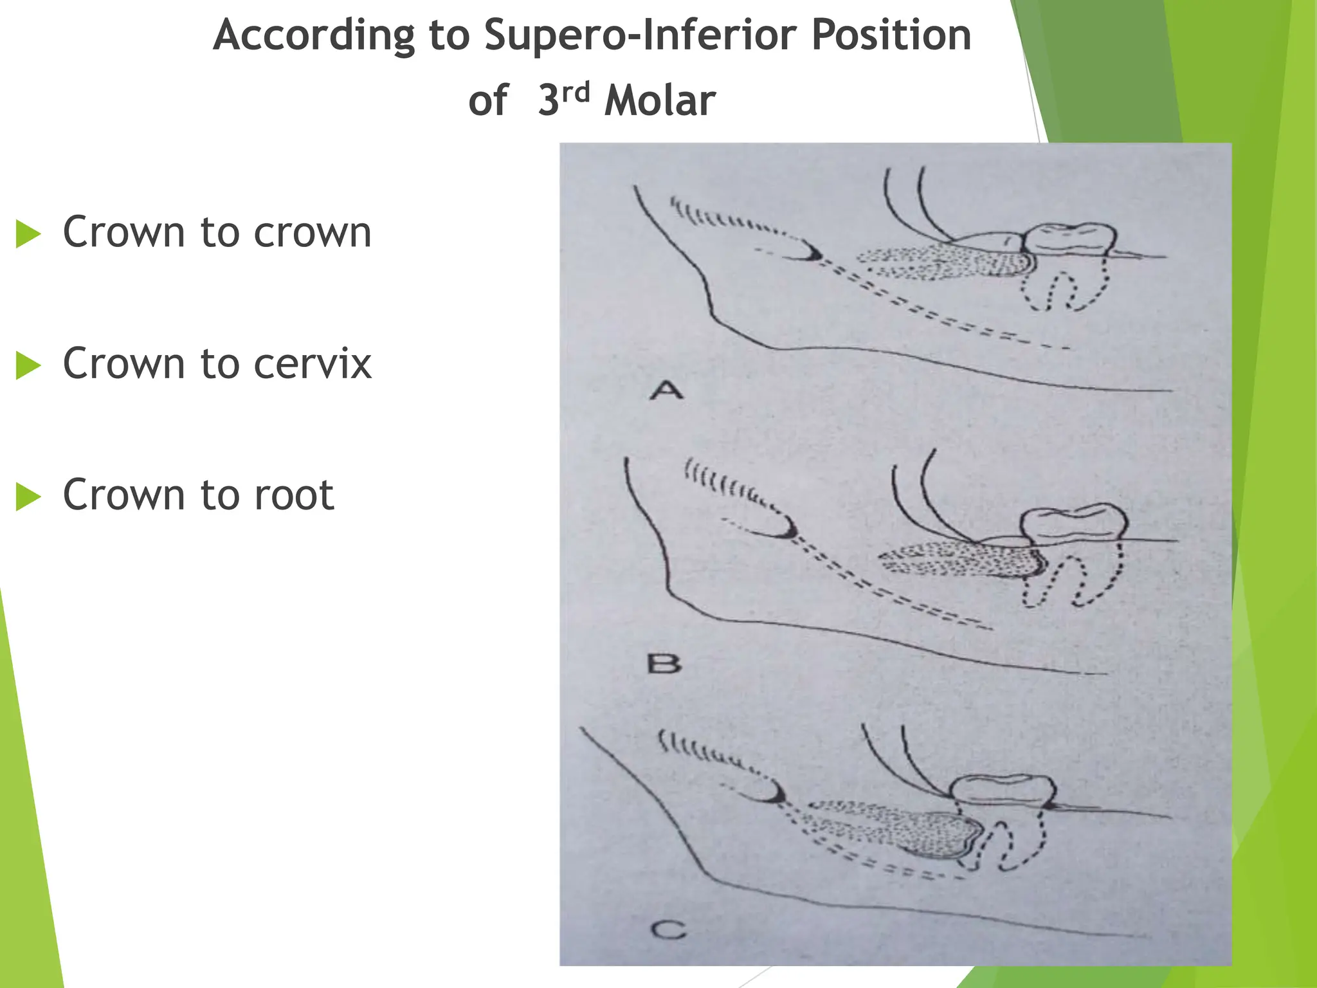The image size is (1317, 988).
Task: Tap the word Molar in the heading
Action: pyautogui.click(x=660, y=102)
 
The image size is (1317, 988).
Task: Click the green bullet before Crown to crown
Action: pyautogui.click(x=28, y=233)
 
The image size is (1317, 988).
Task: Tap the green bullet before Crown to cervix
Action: pyautogui.click(x=28, y=365)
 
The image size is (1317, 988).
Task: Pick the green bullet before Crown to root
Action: pyautogui.click(x=28, y=497)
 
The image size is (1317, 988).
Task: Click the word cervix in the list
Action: pyautogui.click(x=313, y=364)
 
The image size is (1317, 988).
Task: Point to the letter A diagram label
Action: pyautogui.click(x=666, y=390)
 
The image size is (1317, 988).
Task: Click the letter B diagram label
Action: pyautogui.click(x=664, y=663)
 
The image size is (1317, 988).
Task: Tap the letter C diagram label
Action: pyautogui.click(x=668, y=929)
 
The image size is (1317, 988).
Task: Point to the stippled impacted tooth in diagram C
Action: pyautogui.click(x=900, y=830)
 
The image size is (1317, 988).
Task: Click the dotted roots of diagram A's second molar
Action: pyautogui.click(x=1064, y=286)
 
